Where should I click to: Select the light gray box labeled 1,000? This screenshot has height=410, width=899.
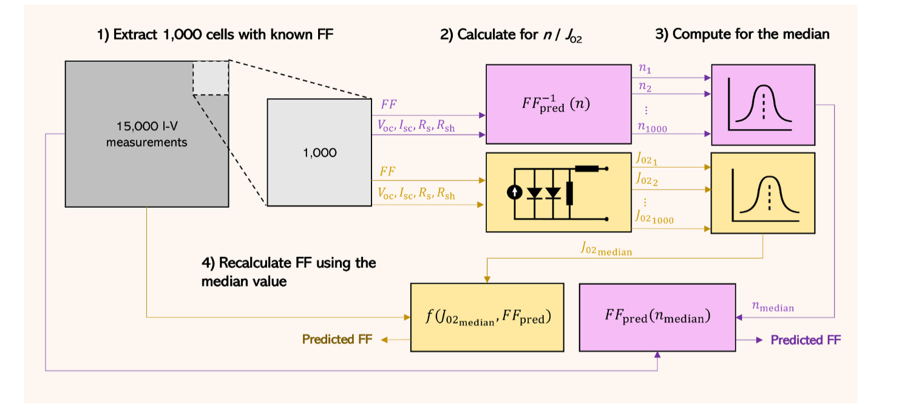click(319, 153)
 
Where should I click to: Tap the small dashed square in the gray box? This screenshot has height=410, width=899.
click(211, 78)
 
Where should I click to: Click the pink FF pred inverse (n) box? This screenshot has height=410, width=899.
click(558, 104)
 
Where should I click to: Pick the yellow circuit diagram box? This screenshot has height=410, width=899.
click(558, 193)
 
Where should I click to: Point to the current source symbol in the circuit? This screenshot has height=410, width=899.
click(515, 193)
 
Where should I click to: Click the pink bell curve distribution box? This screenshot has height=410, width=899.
click(762, 104)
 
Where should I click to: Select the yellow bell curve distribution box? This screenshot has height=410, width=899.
click(762, 193)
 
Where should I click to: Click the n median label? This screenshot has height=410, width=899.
click(773, 307)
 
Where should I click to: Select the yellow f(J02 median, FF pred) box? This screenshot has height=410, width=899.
click(487, 317)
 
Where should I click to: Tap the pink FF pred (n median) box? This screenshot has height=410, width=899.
click(657, 317)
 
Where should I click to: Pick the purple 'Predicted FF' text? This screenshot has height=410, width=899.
click(806, 340)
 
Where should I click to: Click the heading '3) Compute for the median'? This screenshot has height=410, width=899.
click(742, 34)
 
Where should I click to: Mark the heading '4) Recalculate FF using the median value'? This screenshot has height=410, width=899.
click(288, 272)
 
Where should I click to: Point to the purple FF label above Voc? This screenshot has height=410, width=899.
click(390, 104)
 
